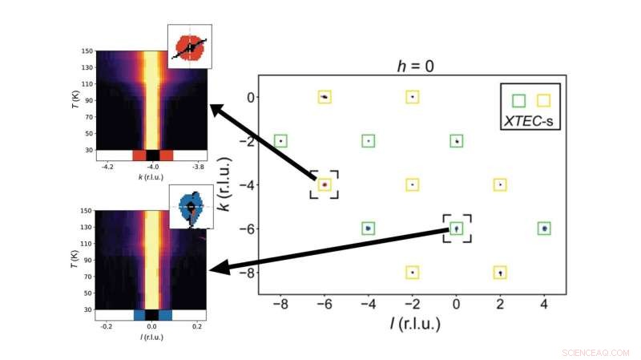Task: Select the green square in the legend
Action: click(519, 100)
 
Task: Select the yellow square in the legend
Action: click(544, 100)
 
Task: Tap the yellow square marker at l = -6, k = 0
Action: click(325, 97)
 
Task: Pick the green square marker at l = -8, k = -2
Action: click(280, 141)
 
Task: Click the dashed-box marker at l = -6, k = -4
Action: click(325, 184)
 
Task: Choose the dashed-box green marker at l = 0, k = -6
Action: click(456, 229)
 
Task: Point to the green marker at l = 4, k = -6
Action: click(544, 229)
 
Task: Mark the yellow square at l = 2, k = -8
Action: click(500, 273)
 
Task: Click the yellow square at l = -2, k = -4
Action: click(412, 184)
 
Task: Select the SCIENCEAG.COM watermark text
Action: click(597, 352)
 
